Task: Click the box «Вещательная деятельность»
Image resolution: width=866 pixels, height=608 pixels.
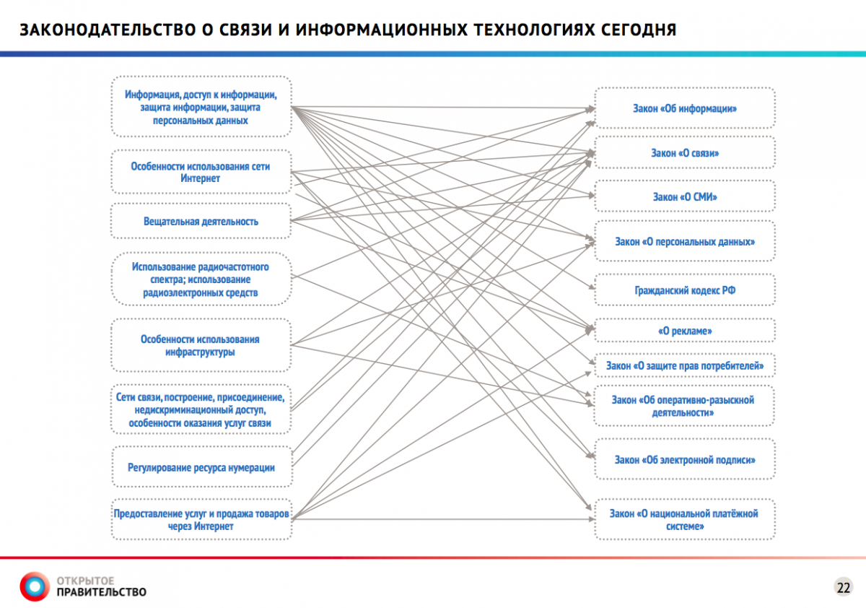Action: click(201, 221)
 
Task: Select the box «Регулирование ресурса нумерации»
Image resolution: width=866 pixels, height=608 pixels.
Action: click(201, 467)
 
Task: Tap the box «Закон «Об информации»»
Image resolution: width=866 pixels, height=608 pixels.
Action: click(684, 109)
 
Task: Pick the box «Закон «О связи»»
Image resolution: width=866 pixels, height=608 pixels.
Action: click(684, 153)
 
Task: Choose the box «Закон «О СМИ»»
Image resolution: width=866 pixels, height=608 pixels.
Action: click(684, 196)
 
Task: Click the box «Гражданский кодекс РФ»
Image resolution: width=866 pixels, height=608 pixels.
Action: click(684, 290)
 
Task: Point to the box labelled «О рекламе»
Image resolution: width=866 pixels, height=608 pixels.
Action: click(684, 331)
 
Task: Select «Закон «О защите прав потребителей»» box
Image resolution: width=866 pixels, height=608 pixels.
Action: click(684, 366)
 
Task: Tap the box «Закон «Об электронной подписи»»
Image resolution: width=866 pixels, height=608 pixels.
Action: click(684, 459)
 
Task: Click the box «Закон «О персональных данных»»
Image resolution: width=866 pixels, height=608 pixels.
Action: click(684, 241)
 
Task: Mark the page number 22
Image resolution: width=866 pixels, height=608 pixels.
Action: click(843, 586)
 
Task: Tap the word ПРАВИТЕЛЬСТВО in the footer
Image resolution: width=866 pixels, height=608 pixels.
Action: click(101, 593)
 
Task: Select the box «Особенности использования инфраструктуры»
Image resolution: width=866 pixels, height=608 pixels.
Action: click(201, 345)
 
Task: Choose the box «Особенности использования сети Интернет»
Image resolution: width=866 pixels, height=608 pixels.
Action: click(201, 172)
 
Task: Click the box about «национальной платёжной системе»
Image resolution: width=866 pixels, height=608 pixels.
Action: click(684, 519)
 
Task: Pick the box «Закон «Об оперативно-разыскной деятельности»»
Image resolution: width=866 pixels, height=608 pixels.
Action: click(684, 406)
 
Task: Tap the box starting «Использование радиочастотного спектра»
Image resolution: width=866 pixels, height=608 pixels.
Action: click(201, 279)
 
